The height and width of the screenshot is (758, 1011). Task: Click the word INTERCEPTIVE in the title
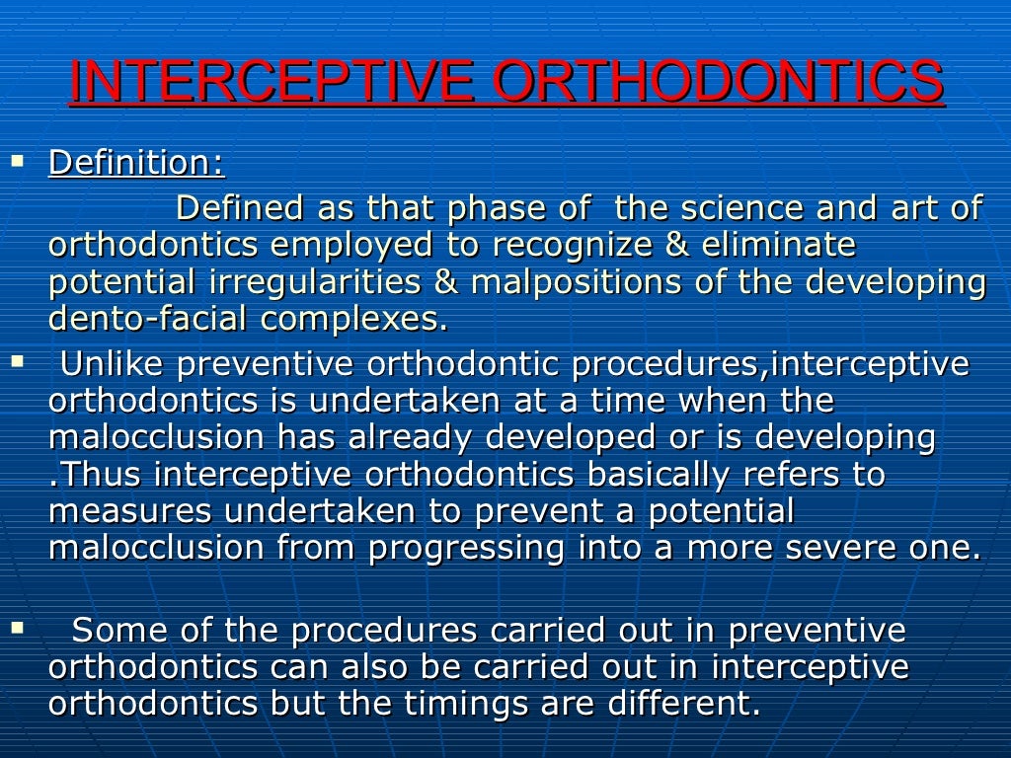273,83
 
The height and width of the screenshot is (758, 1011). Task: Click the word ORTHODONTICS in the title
718,83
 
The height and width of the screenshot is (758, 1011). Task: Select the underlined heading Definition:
136,163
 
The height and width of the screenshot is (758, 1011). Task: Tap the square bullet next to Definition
16,159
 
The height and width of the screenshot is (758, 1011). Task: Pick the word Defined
240,208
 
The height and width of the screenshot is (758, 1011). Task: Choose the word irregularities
315,282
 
